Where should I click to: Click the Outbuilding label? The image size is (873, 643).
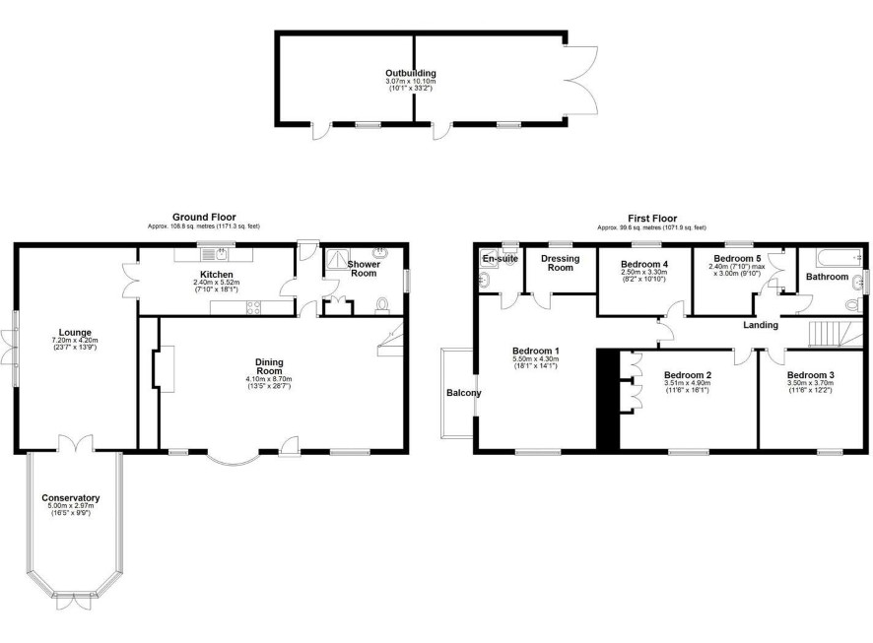pos(410,73)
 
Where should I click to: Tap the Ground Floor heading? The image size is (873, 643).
pos(204,217)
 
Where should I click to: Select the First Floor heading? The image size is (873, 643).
pos(652,218)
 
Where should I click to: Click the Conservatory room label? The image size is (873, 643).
pos(71,498)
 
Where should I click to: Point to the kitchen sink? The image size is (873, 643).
pos(215,255)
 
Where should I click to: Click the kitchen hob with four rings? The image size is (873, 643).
pos(253,307)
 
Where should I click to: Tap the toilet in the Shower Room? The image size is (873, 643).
pos(382,305)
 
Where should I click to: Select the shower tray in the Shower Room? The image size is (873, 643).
pos(337,259)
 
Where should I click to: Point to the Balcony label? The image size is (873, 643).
pos(464,393)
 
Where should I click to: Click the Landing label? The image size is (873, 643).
pos(761,325)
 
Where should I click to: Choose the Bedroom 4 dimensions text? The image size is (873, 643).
pos(643,276)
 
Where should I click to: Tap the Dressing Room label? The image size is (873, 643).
pos(560,263)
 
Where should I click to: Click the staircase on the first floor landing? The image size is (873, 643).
pos(828,334)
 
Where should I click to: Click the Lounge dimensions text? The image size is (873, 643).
pos(75,344)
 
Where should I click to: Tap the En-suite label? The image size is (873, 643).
pos(500,259)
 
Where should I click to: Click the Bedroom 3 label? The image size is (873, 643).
pos(810,375)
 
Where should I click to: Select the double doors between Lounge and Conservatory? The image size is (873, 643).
pos(76,442)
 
